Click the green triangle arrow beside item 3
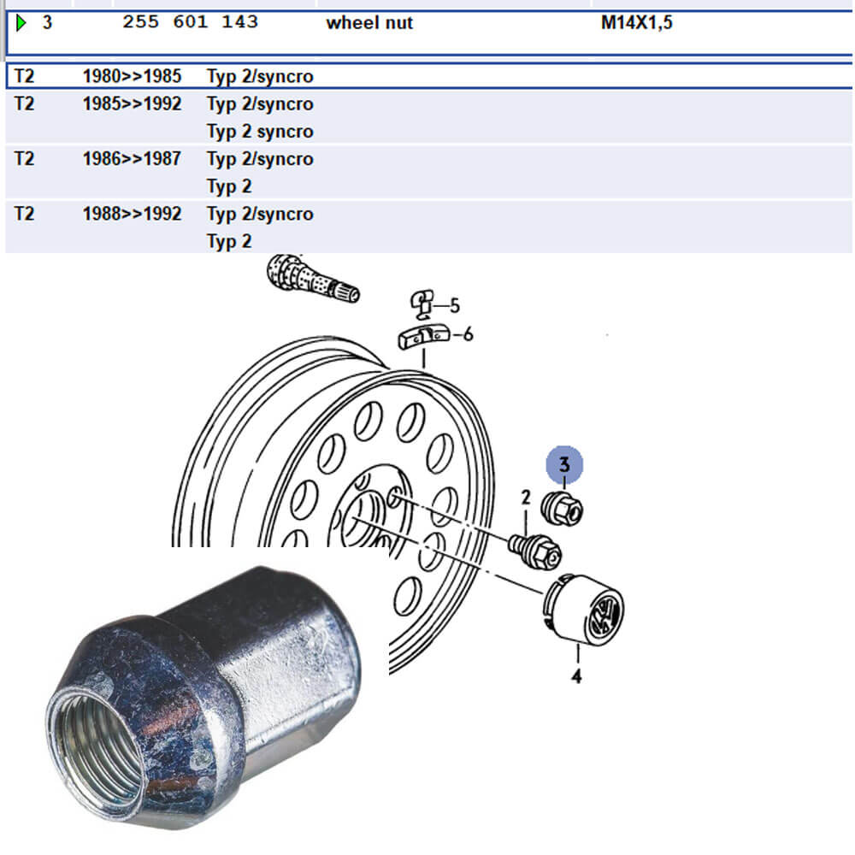coord(21,23)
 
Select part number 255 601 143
coord(190,22)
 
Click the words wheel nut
coord(369,23)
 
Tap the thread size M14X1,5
coord(636,23)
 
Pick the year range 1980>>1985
coord(132,76)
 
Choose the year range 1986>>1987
coord(132,159)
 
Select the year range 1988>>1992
coord(132,214)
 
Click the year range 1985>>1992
coord(132,104)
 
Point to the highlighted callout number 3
coord(564,464)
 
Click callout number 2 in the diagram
coord(526,498)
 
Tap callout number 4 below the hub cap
coord(576,676)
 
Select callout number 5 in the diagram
coord(455,306)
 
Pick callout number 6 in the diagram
coord(468,334)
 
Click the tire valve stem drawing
coord(312,279)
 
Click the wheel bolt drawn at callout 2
coord(534,551)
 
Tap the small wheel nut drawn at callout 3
coord(562,509)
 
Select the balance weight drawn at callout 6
coord(424,337)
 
